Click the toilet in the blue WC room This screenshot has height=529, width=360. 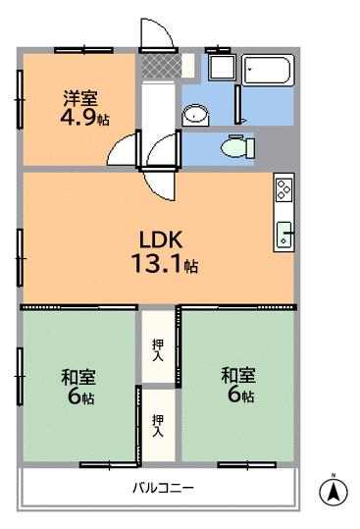tap(238, 147)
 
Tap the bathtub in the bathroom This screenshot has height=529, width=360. tap(268, 71)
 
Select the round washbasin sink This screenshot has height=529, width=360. tap(195, 115)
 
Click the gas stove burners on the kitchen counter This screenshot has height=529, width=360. tap(283, 189)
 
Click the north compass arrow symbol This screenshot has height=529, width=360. tap(334, 491)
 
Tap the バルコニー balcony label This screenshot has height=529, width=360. tap(163, 488)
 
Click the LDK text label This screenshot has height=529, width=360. tap(161, 239)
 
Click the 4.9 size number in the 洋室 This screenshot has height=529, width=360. tap(78, 117)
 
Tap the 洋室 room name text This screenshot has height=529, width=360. tap(80, 98)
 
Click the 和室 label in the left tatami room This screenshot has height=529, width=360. tap(78, 377)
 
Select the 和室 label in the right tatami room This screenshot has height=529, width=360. tap(238, 375)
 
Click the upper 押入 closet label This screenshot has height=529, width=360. tap(158, 349)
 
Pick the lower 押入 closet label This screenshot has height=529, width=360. tap(158, 426)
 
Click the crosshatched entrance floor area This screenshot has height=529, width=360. tap(161, 66)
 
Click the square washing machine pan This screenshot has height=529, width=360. tap(222, 68)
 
